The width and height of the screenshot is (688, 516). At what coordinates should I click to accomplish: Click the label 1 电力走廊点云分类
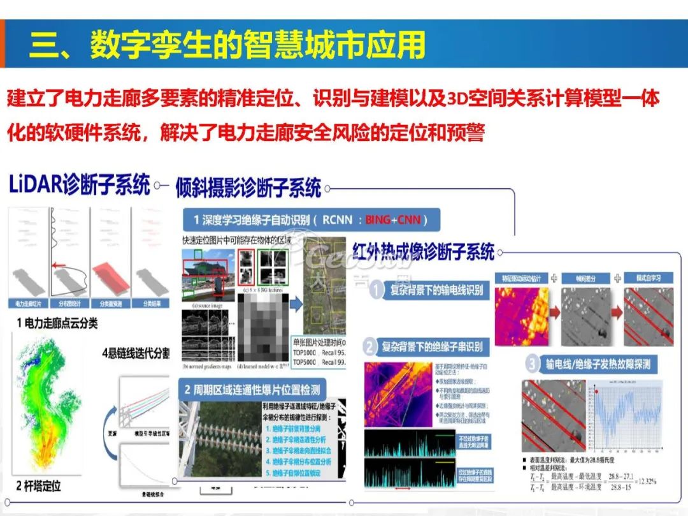57,323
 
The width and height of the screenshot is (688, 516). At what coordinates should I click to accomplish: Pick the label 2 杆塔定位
38,486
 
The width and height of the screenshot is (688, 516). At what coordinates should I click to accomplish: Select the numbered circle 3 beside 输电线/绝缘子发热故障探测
533,364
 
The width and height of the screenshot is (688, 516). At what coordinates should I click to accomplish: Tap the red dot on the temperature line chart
597,390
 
